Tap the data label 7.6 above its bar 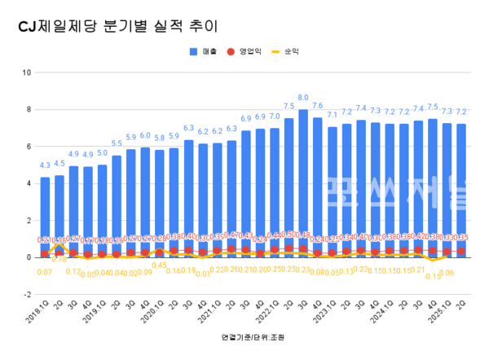[x=317, y=106]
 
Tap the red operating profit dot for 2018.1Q [x=45, y=254]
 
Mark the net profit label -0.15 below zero [x=432, y=276]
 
